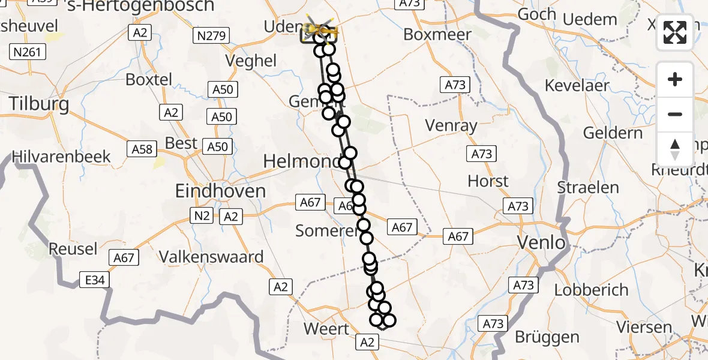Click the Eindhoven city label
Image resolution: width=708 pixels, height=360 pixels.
(220, 191)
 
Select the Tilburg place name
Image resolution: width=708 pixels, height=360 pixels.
(38, 103)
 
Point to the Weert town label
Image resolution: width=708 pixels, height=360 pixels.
(326, 329)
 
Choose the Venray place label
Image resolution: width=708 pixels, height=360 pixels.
(451, 125)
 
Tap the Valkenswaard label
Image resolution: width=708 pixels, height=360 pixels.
(211, 257)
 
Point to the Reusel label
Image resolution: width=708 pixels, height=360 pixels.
(73, 248)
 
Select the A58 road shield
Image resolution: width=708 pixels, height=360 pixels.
(142, 148)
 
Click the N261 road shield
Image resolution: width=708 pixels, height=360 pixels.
(27, 52)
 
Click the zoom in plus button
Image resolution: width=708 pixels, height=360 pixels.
(675, 79)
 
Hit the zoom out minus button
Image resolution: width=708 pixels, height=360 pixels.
(675, 114)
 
